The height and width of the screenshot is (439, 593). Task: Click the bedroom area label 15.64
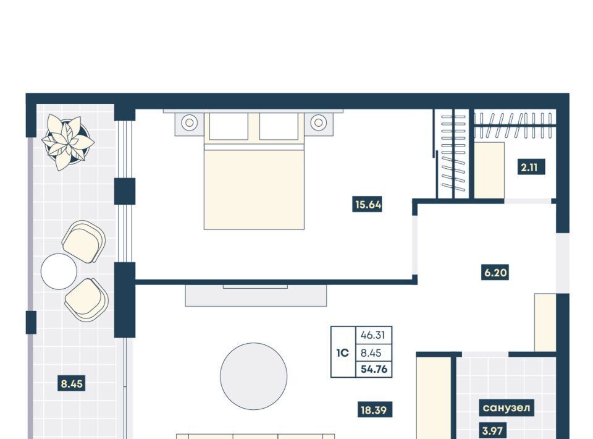(x=368, y=205)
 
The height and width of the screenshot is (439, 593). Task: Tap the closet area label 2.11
(x=531, y=167)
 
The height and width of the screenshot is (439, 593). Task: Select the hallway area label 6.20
(x=495, y=272)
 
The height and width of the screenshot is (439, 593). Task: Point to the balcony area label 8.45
(x=72, y=383)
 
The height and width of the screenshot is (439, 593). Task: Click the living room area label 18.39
(x=374, y=410)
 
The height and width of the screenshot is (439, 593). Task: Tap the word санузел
(x=507, y=407)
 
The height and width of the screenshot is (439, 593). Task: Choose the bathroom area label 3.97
(x=492, y=431)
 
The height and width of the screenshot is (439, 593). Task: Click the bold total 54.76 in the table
(x=374, y=369)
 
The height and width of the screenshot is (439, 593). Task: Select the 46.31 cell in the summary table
(x=373, y=335)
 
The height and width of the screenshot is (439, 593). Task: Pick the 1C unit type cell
(x=343, y=352)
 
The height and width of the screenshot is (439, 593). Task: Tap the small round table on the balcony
(x=59, y=271)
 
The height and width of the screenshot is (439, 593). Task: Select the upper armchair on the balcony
(x=84, y=242)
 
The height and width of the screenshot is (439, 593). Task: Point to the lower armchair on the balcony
(x=86, y=300)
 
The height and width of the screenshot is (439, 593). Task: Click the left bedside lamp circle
(x=190, y=122)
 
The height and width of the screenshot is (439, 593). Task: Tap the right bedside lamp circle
(x=319, y=122)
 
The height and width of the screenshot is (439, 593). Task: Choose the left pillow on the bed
(x=229, y=126)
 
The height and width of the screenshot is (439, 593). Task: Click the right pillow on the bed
(x=279, y=126)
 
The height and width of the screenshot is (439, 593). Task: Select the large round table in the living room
(x=254, y=376)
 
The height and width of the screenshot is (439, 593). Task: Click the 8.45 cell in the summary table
(x=371, y=353)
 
